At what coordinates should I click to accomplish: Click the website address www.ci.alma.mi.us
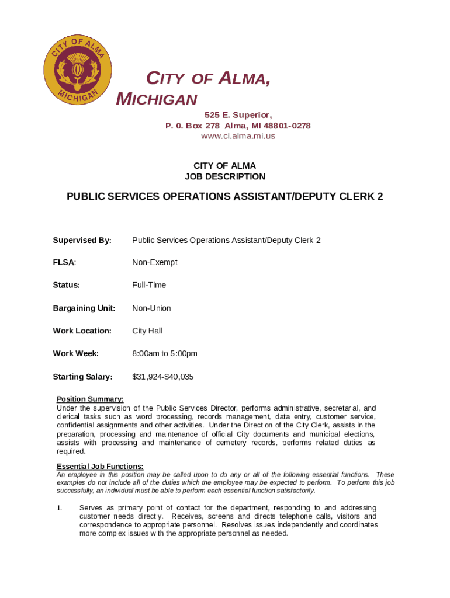coord(238,136)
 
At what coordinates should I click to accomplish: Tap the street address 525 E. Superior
coord(238,115)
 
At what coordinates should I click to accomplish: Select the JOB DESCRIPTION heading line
coord(225,176)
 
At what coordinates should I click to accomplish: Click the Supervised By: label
coord(82,240)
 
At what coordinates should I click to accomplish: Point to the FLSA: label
coord(65,263)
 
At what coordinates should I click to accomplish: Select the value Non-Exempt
coord(155,263)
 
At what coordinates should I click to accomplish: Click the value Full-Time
coord(149,285)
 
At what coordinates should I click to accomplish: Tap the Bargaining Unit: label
coord(84,308)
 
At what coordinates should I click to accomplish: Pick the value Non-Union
coord(152,308)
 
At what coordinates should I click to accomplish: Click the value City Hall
coord(147,331)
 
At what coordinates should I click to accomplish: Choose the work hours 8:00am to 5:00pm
coord(165,353)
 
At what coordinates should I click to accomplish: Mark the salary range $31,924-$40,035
coord(163,377)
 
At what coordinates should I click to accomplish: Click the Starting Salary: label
coord(82,377)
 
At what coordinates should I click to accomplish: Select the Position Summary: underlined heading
coord(90,399)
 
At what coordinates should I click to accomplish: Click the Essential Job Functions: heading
coord(100,466)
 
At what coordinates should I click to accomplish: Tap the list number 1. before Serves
coord(60,508)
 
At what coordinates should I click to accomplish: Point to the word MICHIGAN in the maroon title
coord(157,99)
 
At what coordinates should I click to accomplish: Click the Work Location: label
coord(82,331)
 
